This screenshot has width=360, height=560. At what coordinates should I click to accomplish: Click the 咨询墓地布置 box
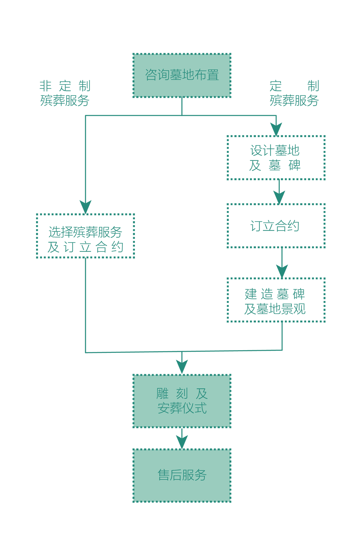[182, 75]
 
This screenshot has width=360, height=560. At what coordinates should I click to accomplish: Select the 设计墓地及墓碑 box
[276, 158]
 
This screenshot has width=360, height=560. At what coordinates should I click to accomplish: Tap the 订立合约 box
[276, 226]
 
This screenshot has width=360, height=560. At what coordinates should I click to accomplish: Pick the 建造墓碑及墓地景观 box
[276, 300]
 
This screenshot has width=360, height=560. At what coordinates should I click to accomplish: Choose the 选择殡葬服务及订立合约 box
[85, 236]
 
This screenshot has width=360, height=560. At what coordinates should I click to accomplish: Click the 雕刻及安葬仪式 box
[182, 401]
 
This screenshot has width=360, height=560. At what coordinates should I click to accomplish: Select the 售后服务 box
[182, 475]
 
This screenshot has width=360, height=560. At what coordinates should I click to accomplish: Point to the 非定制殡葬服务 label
[65, 93]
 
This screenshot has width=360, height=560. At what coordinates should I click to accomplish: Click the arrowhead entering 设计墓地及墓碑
[276, 130]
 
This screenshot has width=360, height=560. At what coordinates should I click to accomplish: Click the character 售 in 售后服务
[164, 475]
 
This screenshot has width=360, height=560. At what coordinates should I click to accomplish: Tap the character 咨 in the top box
[151, 75]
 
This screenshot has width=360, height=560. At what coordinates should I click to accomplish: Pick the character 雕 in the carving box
[162, 394]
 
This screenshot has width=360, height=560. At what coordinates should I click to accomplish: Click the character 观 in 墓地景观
[300, 309]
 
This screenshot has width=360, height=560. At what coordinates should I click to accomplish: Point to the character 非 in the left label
[45, 86]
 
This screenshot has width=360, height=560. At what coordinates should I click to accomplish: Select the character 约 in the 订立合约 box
[293, 226]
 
